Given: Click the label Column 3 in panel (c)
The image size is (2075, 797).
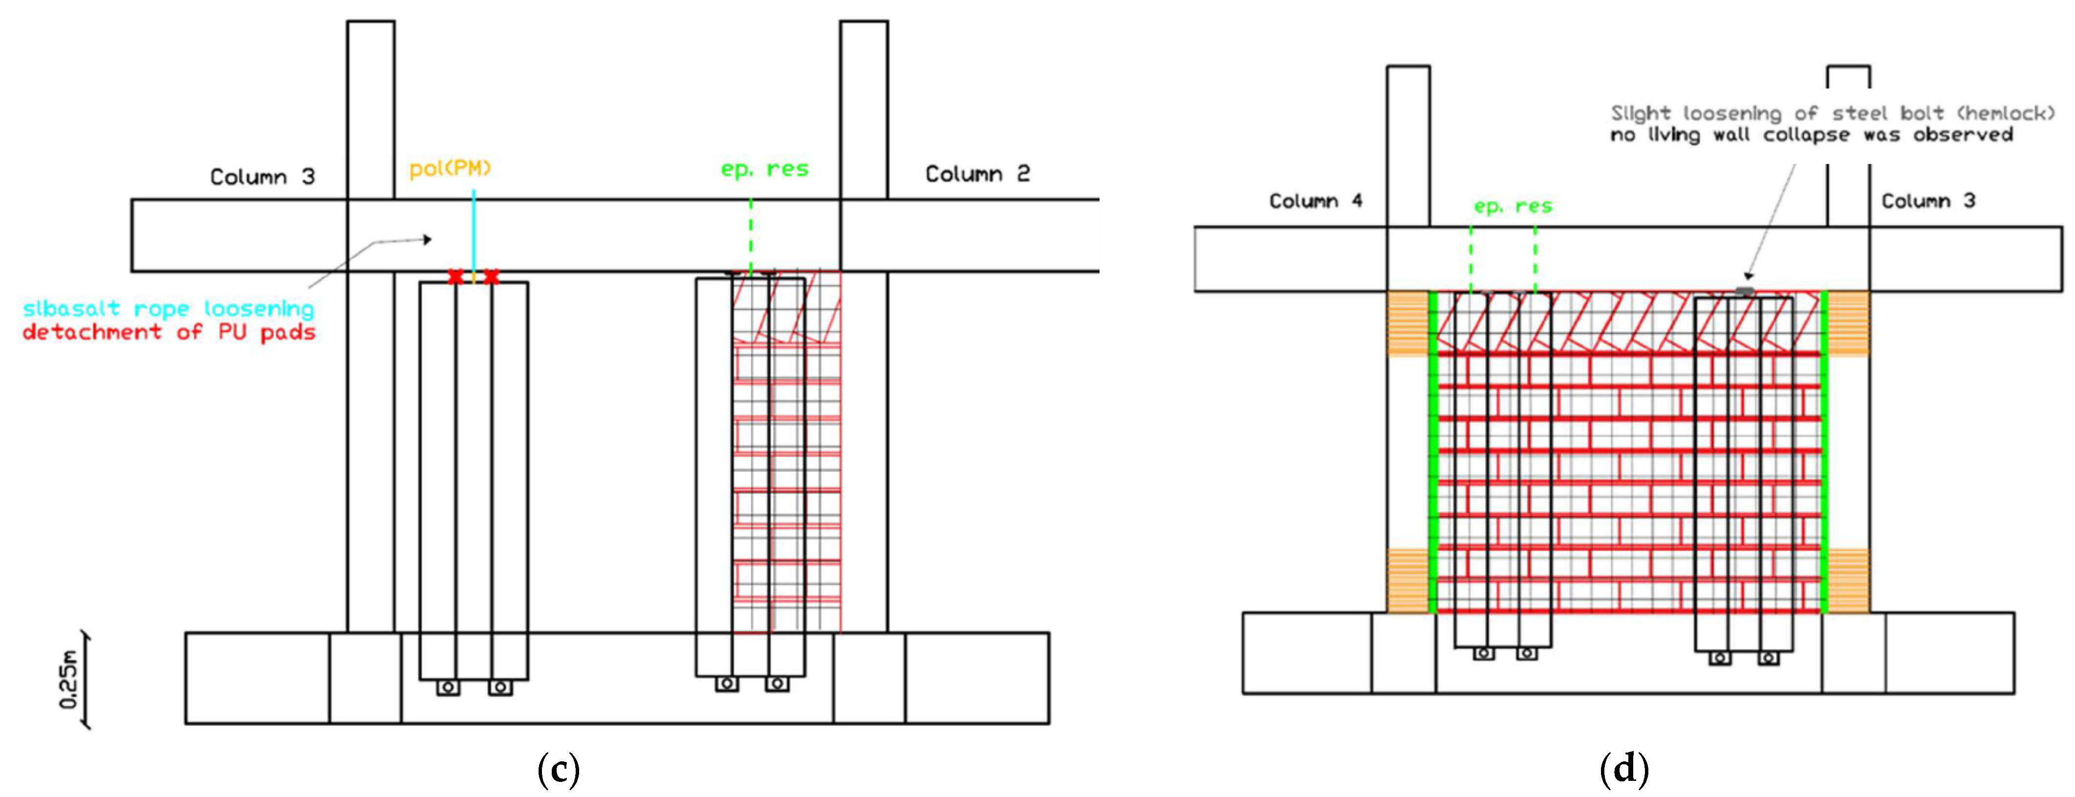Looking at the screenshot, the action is [x=262, y=176].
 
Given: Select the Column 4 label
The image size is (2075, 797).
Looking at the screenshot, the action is [x=1316, y=200].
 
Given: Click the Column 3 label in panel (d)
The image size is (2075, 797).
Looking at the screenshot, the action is [x=1927, y=200].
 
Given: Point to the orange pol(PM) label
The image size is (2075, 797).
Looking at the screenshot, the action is [x=450, y=168].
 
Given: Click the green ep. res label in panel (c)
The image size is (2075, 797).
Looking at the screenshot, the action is [x=764, y=169].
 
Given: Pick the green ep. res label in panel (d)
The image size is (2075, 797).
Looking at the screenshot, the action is [x=1513, y=206].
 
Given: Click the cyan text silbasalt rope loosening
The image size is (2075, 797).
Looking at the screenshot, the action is [x=168, y=308].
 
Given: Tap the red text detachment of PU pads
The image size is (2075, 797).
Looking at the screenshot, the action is [x=168, y=332].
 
